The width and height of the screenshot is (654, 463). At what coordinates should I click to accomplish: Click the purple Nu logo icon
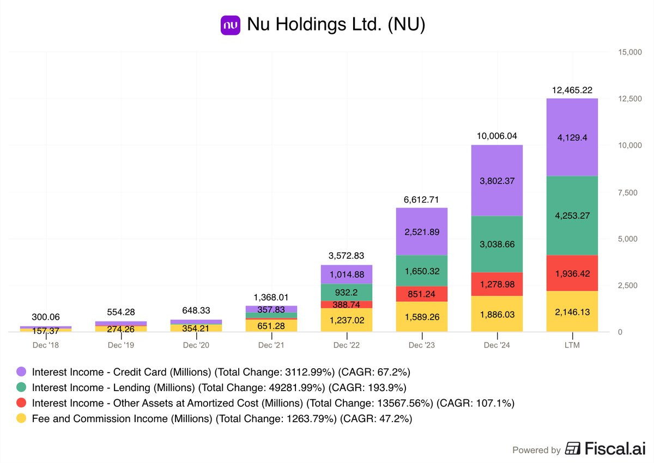[x=231, y=25]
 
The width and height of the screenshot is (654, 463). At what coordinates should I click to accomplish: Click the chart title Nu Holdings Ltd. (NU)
[x=336, y=24]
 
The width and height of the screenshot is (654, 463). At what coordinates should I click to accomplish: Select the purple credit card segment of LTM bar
[x=572, y=137]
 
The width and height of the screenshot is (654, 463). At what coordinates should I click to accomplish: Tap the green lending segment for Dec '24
[x=497, y=244]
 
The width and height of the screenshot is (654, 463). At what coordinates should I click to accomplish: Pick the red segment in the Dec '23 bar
[x=422, y=294]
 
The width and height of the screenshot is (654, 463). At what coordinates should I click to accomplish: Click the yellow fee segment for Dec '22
[x=347, y=320]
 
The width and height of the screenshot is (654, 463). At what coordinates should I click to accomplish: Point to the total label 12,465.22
[x=572, y=90]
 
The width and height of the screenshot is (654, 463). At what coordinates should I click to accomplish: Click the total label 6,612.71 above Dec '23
[x=421, y=200]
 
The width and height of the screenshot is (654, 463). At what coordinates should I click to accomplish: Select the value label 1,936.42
[x=572, y=273]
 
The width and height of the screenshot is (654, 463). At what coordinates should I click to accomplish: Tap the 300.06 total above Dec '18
[x=46, y=317]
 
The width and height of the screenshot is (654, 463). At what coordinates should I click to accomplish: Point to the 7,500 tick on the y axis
[x=628, y=192]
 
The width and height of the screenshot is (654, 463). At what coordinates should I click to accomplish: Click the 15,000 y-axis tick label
[x=630, y=52]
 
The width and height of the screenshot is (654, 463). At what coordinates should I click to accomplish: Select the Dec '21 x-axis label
[x=271, y=345]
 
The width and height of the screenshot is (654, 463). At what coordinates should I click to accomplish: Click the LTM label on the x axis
[x=572, y=345]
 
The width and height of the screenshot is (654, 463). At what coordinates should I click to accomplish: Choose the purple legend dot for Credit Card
[x=21, y=371]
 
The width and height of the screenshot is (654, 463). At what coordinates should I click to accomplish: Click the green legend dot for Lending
[x=21, y=387]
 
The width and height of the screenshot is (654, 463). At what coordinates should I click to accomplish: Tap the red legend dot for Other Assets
[x=21, y=403]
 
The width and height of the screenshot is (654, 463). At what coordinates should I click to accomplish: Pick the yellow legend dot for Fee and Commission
[x=21, y=418]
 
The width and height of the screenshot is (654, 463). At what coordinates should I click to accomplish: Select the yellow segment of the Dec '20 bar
[x=196, y=328]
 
